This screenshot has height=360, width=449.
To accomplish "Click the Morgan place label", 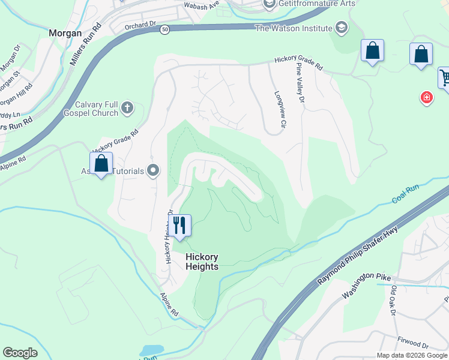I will point(65,34).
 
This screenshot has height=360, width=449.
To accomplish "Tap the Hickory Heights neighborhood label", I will point(202,262).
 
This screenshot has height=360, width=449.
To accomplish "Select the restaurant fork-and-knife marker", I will point(179,226).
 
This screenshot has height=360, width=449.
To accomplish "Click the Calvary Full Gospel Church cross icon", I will point(127,108).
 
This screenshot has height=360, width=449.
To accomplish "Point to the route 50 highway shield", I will point(164,29).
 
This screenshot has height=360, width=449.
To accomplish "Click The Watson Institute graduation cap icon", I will point(342,28).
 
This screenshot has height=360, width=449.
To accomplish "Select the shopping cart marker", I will point(445,77).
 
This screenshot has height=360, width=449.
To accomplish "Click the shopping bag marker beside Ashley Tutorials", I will point(101,163).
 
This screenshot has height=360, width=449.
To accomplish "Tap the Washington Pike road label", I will point(367,286).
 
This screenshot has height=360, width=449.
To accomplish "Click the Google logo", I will point(20,353).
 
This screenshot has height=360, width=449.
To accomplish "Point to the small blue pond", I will point(152,350).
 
